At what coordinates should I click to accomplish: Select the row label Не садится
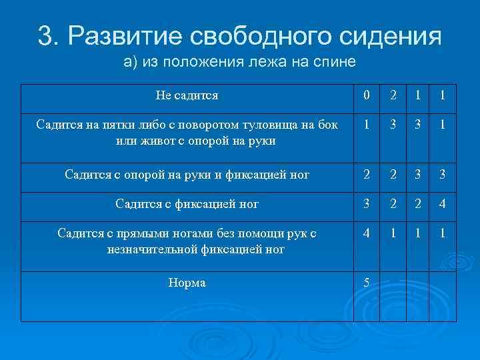click(x=187, y=95)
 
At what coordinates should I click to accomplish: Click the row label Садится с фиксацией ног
click(x=187, y=203)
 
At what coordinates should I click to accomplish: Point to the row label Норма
click(x=187, y=283)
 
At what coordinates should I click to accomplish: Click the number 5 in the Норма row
click(x=366, y=283)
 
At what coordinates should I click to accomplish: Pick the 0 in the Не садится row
click(x=366, y=95)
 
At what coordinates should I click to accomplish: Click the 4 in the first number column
click(x=366, y=234)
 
